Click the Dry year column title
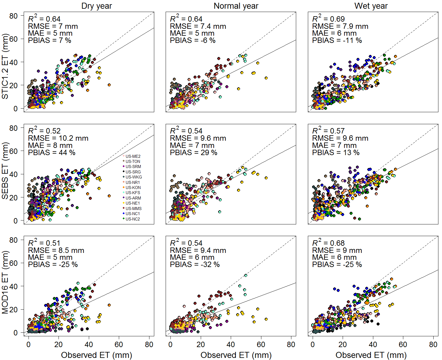pos(96,6)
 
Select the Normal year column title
pos(236,6)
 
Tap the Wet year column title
pos(371,6)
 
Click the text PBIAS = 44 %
pos(52,153)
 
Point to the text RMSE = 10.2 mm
pos(58,138)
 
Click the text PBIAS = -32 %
pos(195,265)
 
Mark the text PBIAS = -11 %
pos(337,40)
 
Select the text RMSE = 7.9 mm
pos(340,26)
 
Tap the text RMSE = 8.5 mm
pos(56,250)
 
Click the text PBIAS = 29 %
pos(194,153)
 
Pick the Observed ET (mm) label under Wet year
pos(371,355)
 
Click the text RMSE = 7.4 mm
pos(198,26)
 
